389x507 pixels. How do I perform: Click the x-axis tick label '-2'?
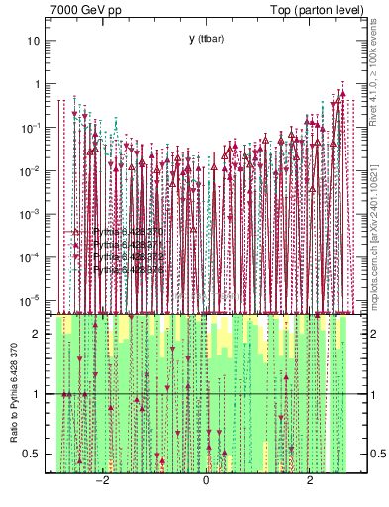click(x=101, y=480)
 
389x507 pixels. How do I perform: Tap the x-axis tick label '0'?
click(x=206, y=480)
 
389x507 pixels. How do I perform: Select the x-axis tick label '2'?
click(x=310, y=480)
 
